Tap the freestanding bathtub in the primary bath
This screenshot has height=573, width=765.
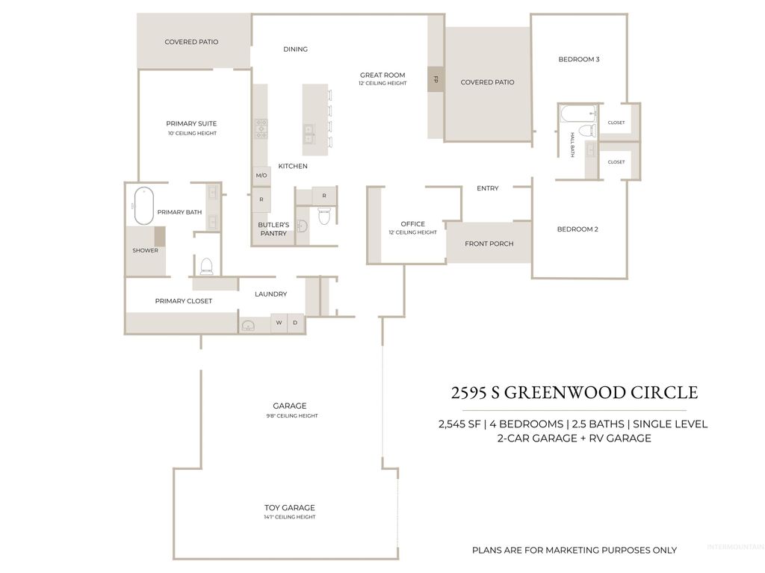pos(143,205)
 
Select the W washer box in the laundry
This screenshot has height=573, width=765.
pos(279,323)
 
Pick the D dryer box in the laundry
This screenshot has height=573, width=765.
pos(296,323)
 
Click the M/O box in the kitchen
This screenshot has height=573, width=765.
pos(261,176)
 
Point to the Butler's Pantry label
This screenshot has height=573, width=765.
pos(273,229)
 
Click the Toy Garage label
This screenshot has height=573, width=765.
pos(289,508)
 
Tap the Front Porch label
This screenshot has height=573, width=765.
pos(489,244)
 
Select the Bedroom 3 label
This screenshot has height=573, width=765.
pos(579,59)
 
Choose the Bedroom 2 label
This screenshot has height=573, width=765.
pos(577,229)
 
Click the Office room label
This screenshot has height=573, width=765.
pos(412,224)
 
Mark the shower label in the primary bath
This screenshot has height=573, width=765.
pos(145,250)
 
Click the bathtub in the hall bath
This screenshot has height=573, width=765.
pos(577,115)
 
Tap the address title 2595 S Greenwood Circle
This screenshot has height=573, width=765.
pos(574,392)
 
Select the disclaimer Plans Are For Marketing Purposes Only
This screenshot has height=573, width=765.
pos(574,551)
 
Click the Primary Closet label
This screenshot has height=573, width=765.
pos(184,301)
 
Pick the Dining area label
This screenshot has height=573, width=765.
pos(295,49)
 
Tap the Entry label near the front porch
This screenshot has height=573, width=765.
pos(487,188)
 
